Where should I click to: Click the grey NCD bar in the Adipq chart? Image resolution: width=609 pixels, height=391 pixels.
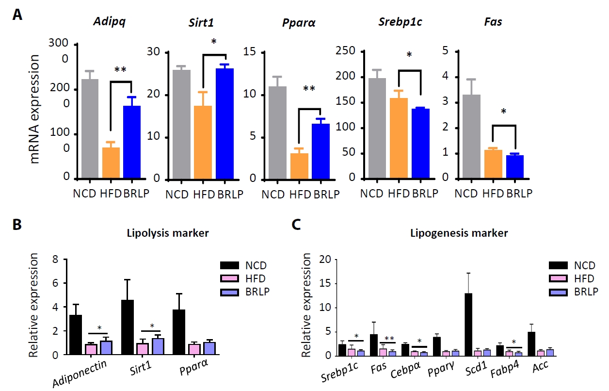[x=90, y=129]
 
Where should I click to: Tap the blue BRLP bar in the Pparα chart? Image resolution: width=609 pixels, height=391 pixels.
[x=320, y=151]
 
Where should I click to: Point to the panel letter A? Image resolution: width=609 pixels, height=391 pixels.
[x=17, y=16]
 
